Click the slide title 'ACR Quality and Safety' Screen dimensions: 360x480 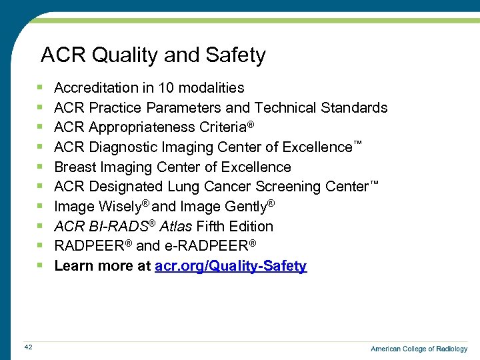[x=153, y=55]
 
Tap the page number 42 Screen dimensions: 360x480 [x=28, y=347]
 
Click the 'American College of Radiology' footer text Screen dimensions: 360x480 [x=419, y=349]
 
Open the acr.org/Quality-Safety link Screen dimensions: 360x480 [x=231, y=266]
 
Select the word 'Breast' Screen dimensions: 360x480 [x=75, y=167]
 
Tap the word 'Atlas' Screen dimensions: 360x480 [x=176, y=227]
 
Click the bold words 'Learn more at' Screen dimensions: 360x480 [x=102, y=266]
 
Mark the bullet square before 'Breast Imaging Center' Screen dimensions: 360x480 [x=41, y=167]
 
